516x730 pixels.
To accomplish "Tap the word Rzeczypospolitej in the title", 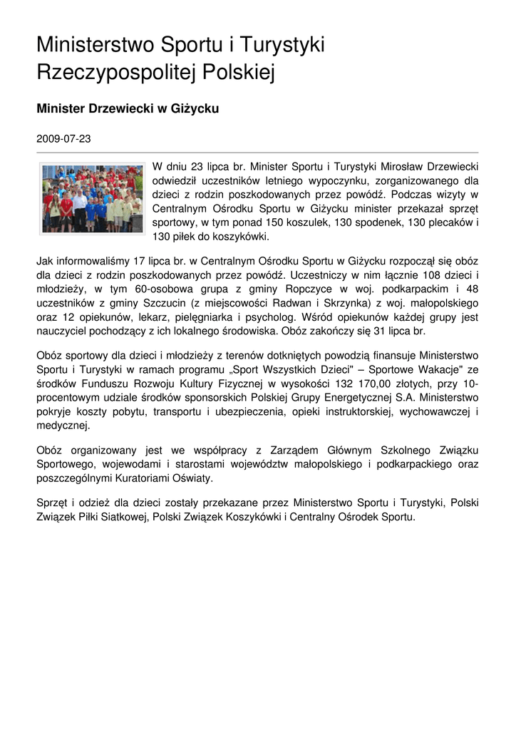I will pyautogui.click(x=109, y=72).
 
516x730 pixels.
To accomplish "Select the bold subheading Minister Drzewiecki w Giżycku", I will pyautogui.click(x=127, y=109).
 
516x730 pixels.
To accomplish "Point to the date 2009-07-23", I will pyautogui.click(x=63, y=138).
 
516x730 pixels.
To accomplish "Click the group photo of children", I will pyautogui.click(x=92, y=198).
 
